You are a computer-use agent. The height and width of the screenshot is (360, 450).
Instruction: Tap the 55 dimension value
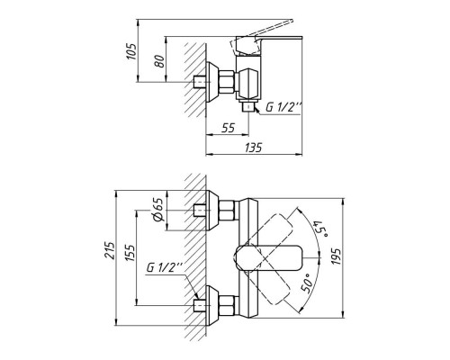[228, 128]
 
